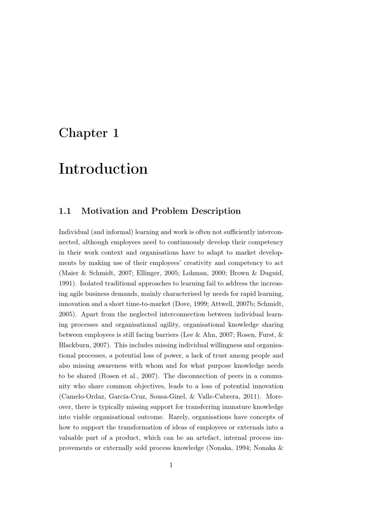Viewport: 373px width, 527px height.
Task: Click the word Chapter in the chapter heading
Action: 83,133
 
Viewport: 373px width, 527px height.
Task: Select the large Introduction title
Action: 103,169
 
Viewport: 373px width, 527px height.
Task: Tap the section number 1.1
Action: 65,211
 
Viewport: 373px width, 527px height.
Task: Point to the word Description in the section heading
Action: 216,211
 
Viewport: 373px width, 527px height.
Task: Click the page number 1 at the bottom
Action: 171,465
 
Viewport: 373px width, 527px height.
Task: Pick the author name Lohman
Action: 193,273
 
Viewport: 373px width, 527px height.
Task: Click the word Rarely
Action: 179,417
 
